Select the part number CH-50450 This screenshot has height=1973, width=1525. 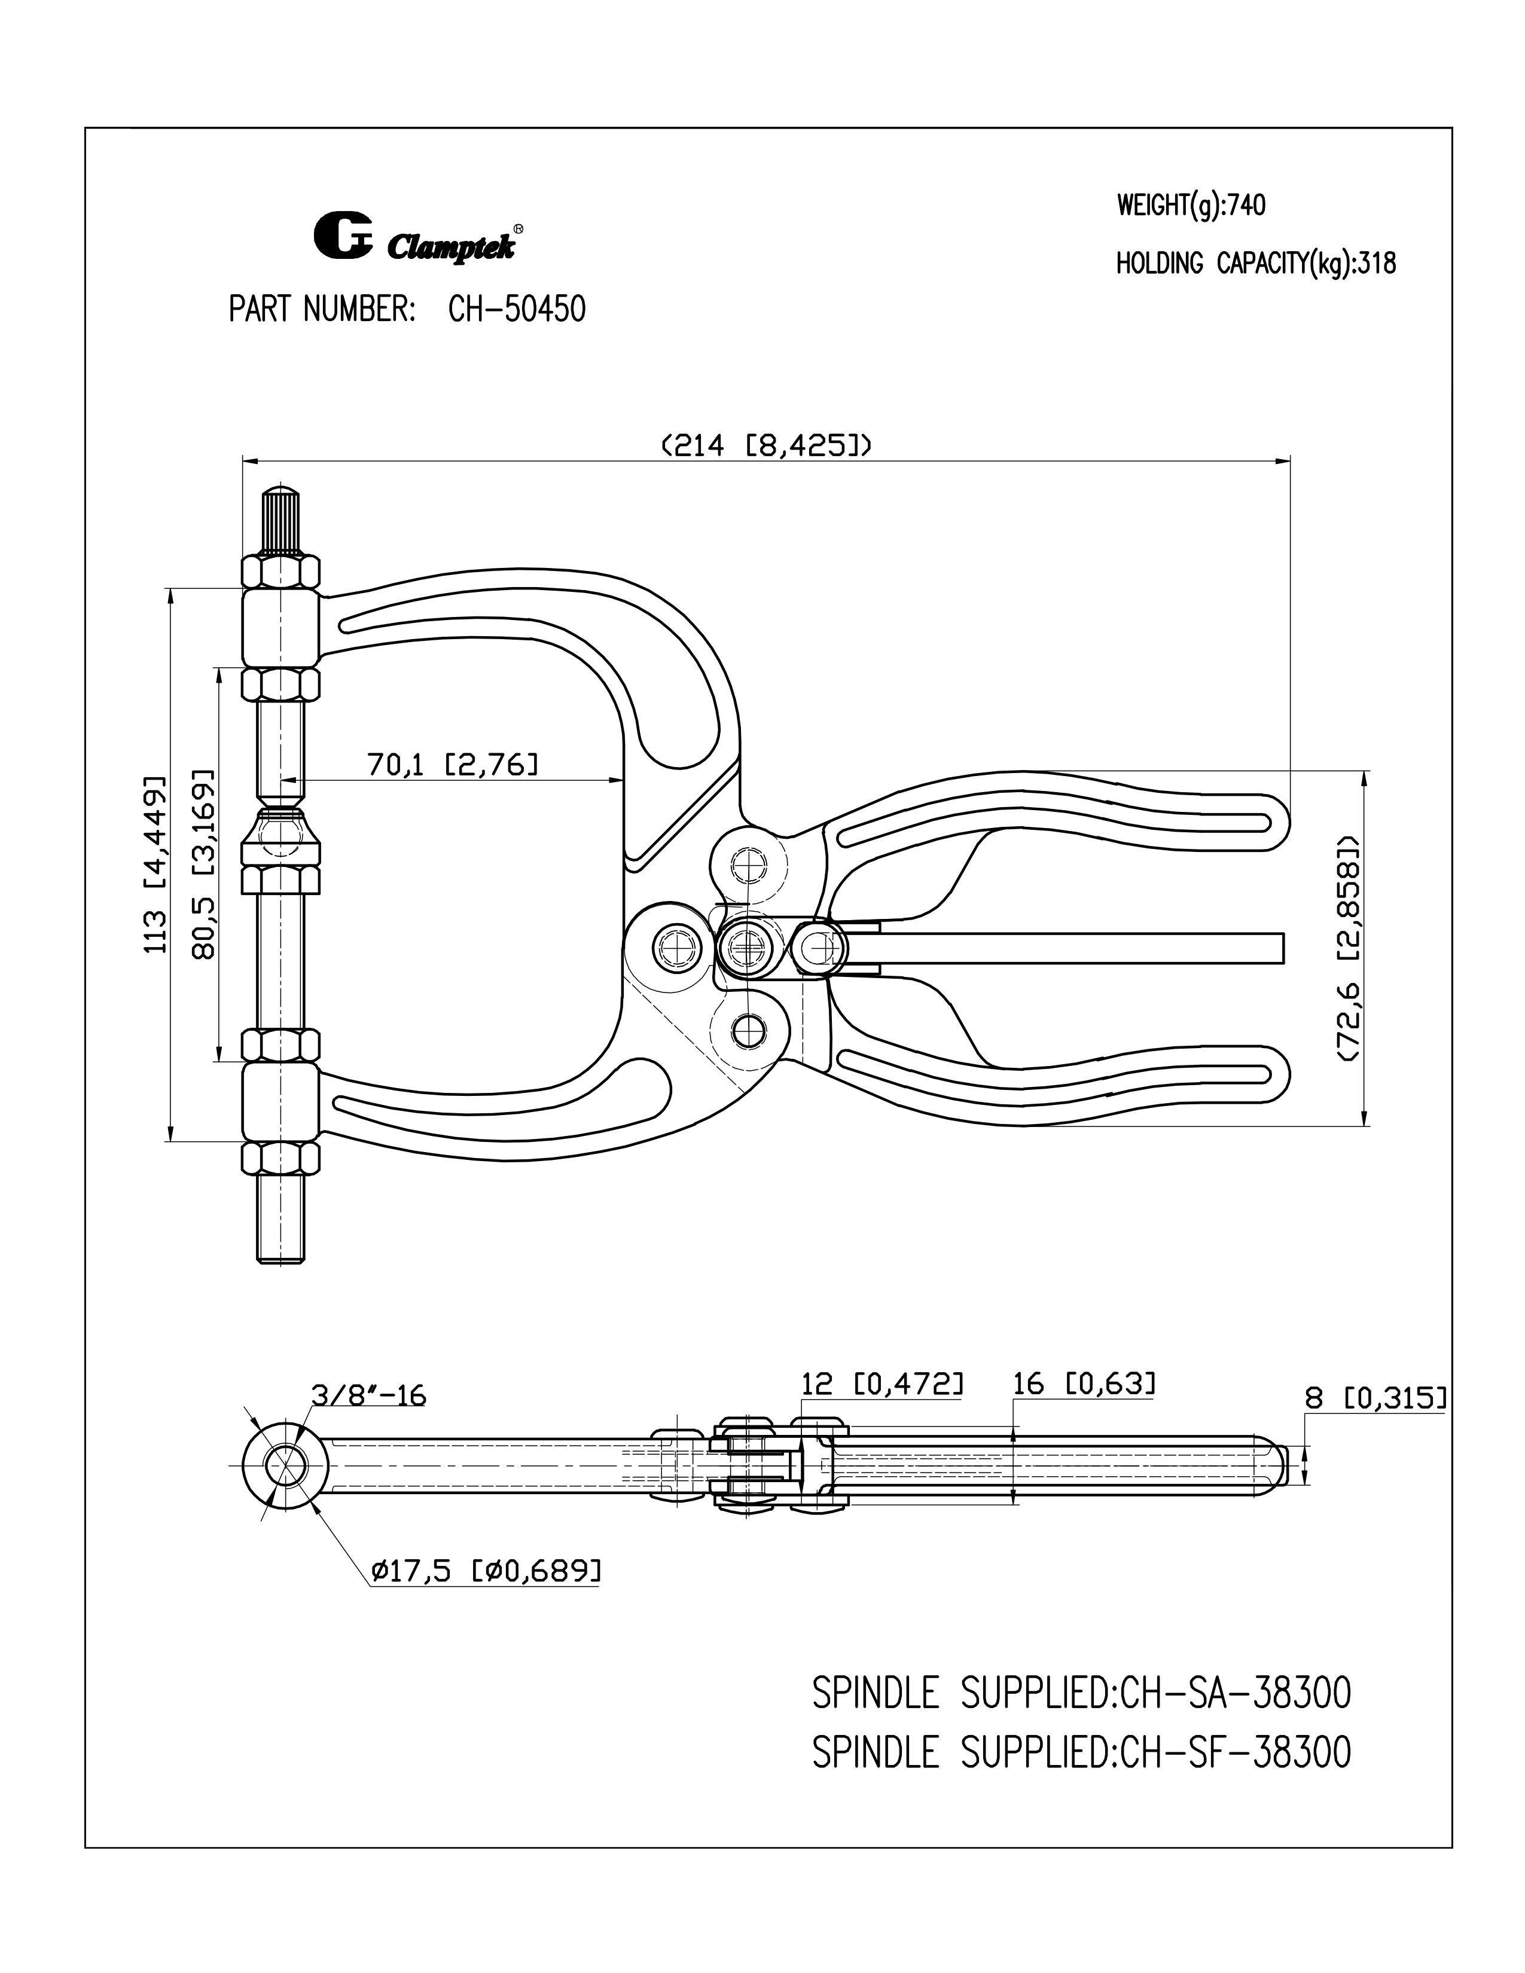[517, 310]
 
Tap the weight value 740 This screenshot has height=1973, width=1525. [1247, 206]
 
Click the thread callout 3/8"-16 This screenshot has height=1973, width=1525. [368, 1395]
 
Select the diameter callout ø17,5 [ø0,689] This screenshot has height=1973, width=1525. [484, 1571]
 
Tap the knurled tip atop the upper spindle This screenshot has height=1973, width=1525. [281, 520]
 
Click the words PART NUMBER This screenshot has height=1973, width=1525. [322, 310]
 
